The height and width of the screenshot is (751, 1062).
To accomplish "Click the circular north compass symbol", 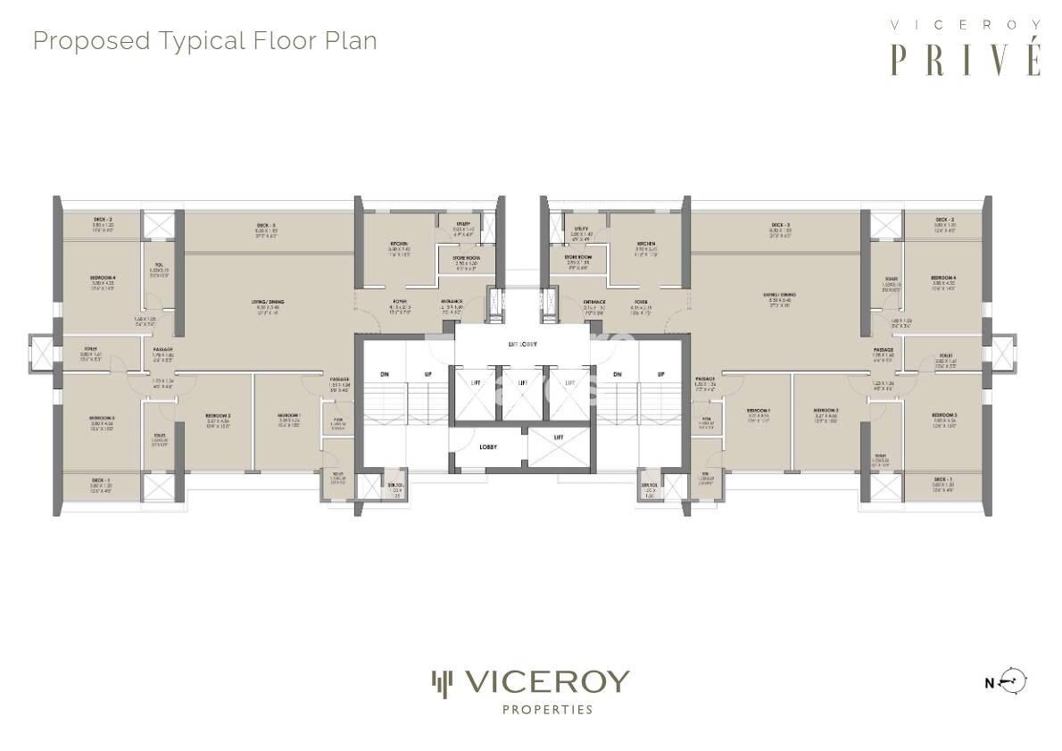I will [x=1014, y=681].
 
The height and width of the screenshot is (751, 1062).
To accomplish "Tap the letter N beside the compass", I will [x=989, y=684].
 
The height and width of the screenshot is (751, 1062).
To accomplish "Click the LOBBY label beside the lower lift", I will [x=487, y=446].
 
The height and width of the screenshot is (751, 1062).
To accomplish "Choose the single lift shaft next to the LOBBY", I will [x=559, y=437].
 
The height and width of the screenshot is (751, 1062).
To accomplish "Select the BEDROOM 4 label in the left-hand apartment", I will [x=103, y=278].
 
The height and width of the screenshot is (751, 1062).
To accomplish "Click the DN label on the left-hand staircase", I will [x=384, y=373].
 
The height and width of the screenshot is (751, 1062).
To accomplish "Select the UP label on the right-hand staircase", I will [x=660, y=373].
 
